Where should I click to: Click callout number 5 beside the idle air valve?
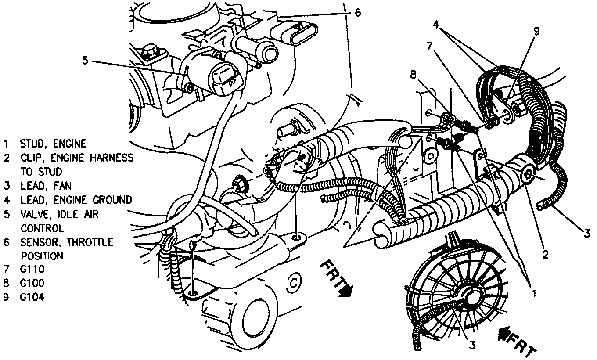(85, 60)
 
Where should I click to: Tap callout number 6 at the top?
(357, 13)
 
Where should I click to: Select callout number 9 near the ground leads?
(536, 31)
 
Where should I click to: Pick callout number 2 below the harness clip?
(544, 253)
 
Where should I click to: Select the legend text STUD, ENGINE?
(53, 144)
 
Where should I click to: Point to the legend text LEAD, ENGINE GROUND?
(76, 200)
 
